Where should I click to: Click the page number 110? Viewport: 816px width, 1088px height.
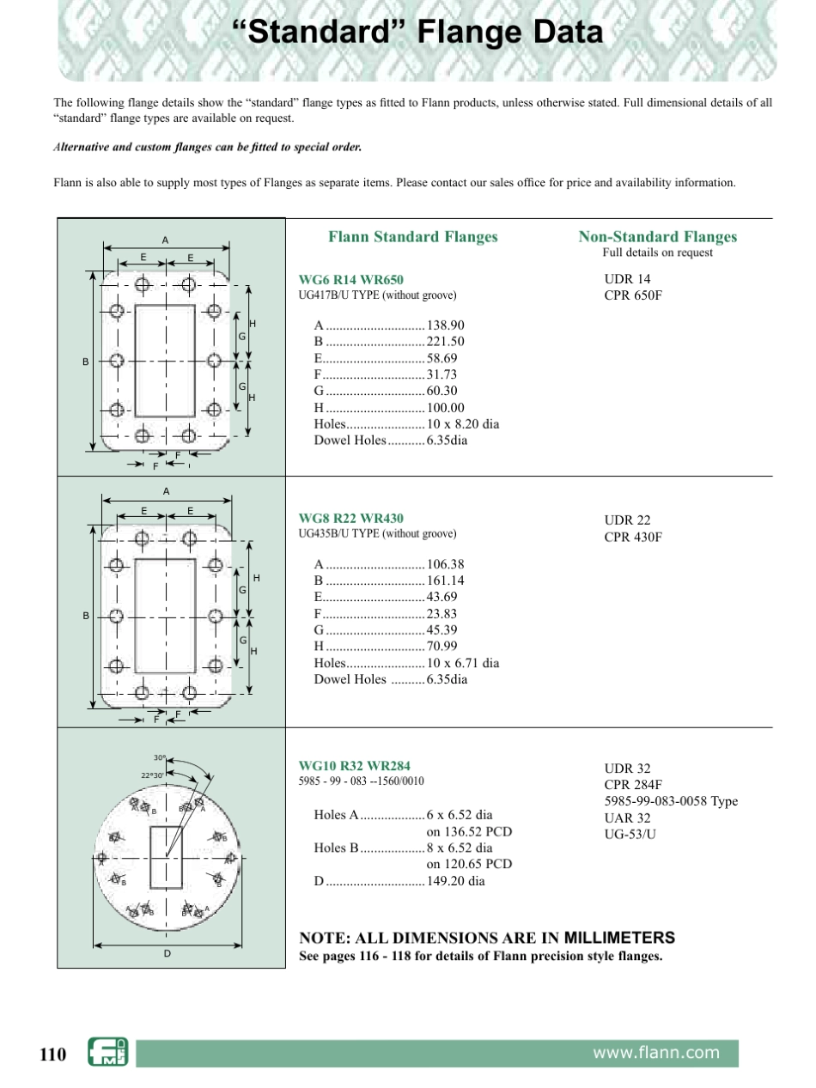(x=52, y=1054)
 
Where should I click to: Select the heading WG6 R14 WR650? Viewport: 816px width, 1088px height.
(x=350, y=280)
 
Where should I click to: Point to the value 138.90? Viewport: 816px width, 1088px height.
(x=445, y=325)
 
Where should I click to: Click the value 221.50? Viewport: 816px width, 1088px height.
(x=445, y=342)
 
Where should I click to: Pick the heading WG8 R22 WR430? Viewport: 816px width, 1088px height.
(x=350, y=519)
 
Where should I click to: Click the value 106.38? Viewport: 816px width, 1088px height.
(x=445, y=564)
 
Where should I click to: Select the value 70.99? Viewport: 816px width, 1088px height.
(x=441, y=647)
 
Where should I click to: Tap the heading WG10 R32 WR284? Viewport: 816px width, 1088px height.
(x=354, y=765)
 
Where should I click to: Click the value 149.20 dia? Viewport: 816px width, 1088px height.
(x=455, y=881)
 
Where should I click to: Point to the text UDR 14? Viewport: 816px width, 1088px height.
(x=627, y=279)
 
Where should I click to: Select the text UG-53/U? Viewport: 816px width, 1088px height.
(x=630, y=834)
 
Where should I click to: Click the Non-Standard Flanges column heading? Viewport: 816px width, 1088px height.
(x=657, y=237)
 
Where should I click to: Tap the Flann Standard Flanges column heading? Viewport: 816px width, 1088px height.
(x=412, y=237)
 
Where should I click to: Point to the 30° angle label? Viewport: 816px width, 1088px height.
(x=159, y=757)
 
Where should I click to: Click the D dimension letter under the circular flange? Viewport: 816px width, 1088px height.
(x=167, y=954)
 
